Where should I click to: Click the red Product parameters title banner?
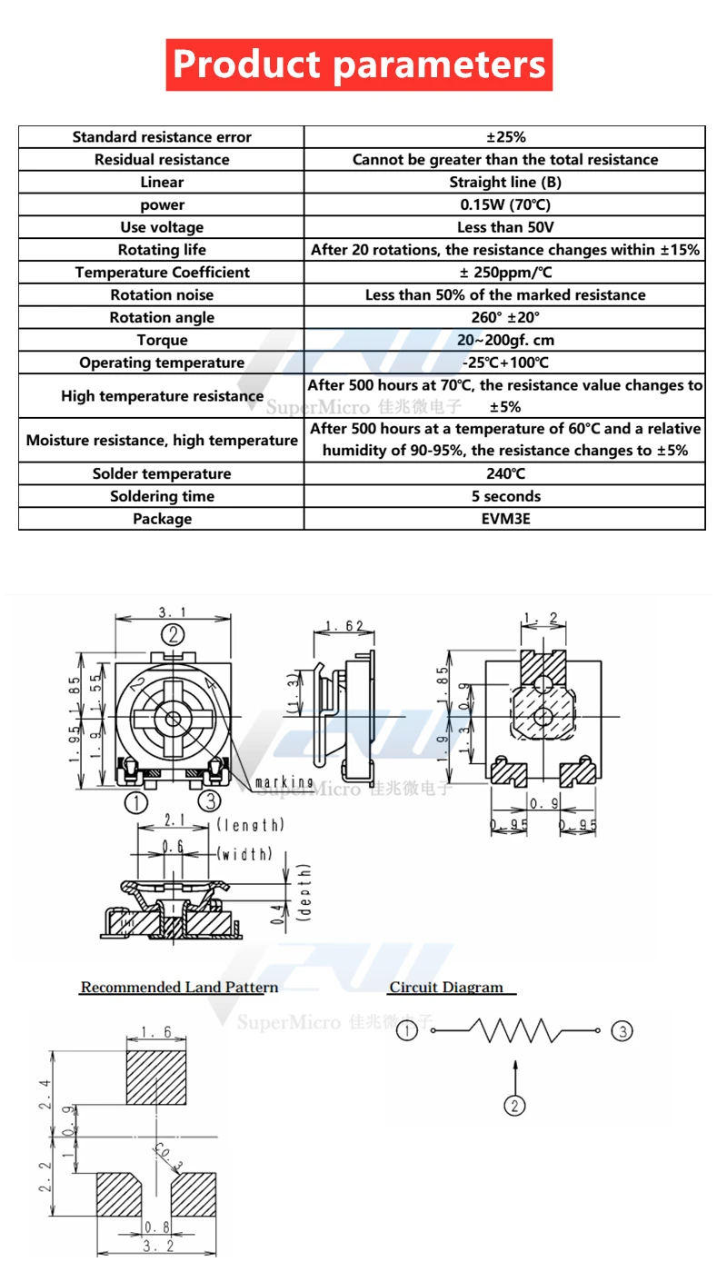359,65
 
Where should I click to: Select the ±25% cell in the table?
505,137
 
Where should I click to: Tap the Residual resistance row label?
162,160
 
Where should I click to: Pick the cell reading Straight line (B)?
505,183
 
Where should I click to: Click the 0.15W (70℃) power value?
505,205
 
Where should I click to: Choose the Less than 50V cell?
505,227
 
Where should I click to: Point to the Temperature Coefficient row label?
162,273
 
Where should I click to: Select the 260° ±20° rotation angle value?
505,318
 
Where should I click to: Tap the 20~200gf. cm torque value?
505,341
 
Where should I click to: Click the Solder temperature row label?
162,474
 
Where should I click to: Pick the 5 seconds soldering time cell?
505,497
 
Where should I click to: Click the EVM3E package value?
505,520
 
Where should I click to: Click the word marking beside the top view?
284,782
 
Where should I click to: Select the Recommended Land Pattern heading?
179,988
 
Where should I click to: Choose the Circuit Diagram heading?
446,988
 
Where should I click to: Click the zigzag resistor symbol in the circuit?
515,1031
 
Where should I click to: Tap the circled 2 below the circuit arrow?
515,1105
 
